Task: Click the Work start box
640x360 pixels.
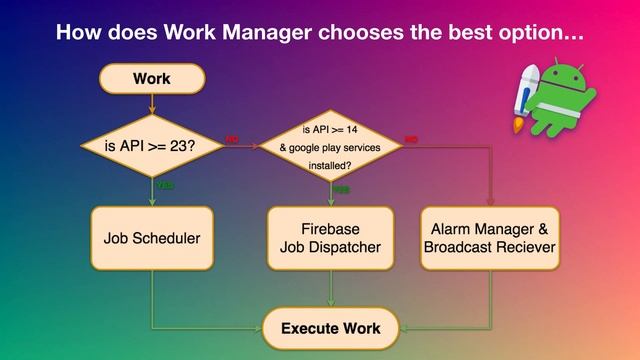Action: click(151, 79)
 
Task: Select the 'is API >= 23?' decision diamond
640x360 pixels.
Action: click(151, 147)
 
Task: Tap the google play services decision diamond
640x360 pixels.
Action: click(330, 147)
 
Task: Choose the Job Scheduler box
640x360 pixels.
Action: click(152, 238)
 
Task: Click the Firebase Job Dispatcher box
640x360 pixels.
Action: click(330, 238)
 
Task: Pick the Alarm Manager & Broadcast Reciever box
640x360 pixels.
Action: click(490, 238)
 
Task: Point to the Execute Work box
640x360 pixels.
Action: click(330, 327)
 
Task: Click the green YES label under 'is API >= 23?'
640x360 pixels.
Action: click(165, 186)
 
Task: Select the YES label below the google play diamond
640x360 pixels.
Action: click(341, 189)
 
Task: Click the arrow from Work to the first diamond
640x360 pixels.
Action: click(151, 104)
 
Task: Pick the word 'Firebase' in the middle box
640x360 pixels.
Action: click(330, 228)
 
